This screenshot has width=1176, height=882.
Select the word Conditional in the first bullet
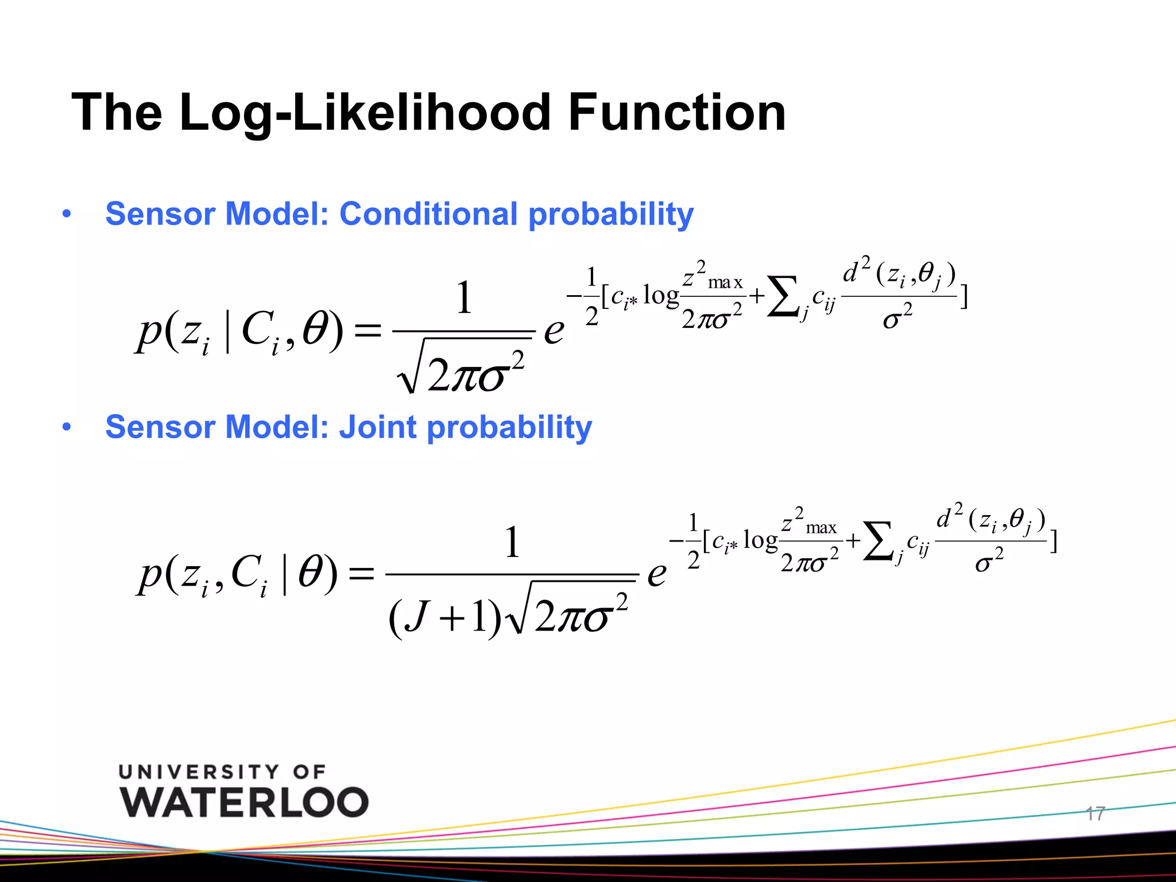[428, 214]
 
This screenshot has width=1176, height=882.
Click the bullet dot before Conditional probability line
[67, 215]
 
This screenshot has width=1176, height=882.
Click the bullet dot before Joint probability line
[67, 428]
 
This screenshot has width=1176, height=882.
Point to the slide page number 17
[1094, 813]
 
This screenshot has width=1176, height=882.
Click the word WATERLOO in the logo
[244, 802]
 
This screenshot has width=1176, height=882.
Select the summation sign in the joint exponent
[879, 541]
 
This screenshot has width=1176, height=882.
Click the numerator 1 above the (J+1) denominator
[512, 542]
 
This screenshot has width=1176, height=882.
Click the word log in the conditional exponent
[661, 296]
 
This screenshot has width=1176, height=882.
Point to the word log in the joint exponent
[760, 540]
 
